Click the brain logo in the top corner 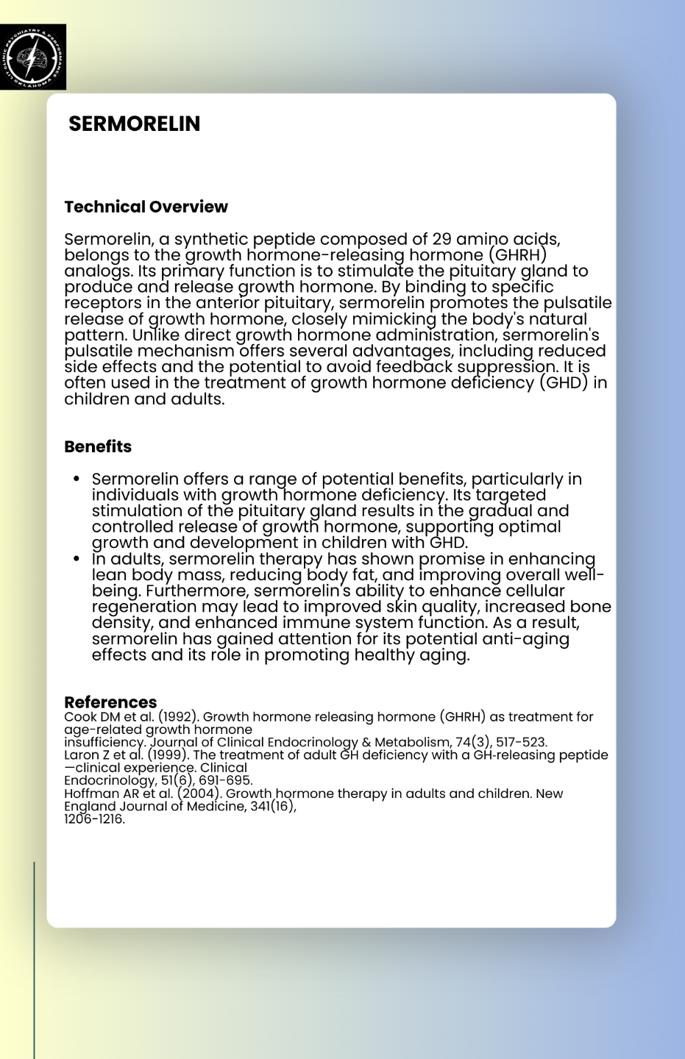[33, 57]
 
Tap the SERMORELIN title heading [134, 124]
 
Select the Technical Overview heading [146, 207]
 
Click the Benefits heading [98, 446]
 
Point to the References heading [110, 702]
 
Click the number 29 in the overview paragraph [441, 239]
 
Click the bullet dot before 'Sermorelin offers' [77, 479]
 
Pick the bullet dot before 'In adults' [77, 559]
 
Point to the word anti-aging [524, 639]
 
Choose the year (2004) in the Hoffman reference [199, 794]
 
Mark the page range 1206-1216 [94, 819]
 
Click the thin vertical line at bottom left [34, 956]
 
